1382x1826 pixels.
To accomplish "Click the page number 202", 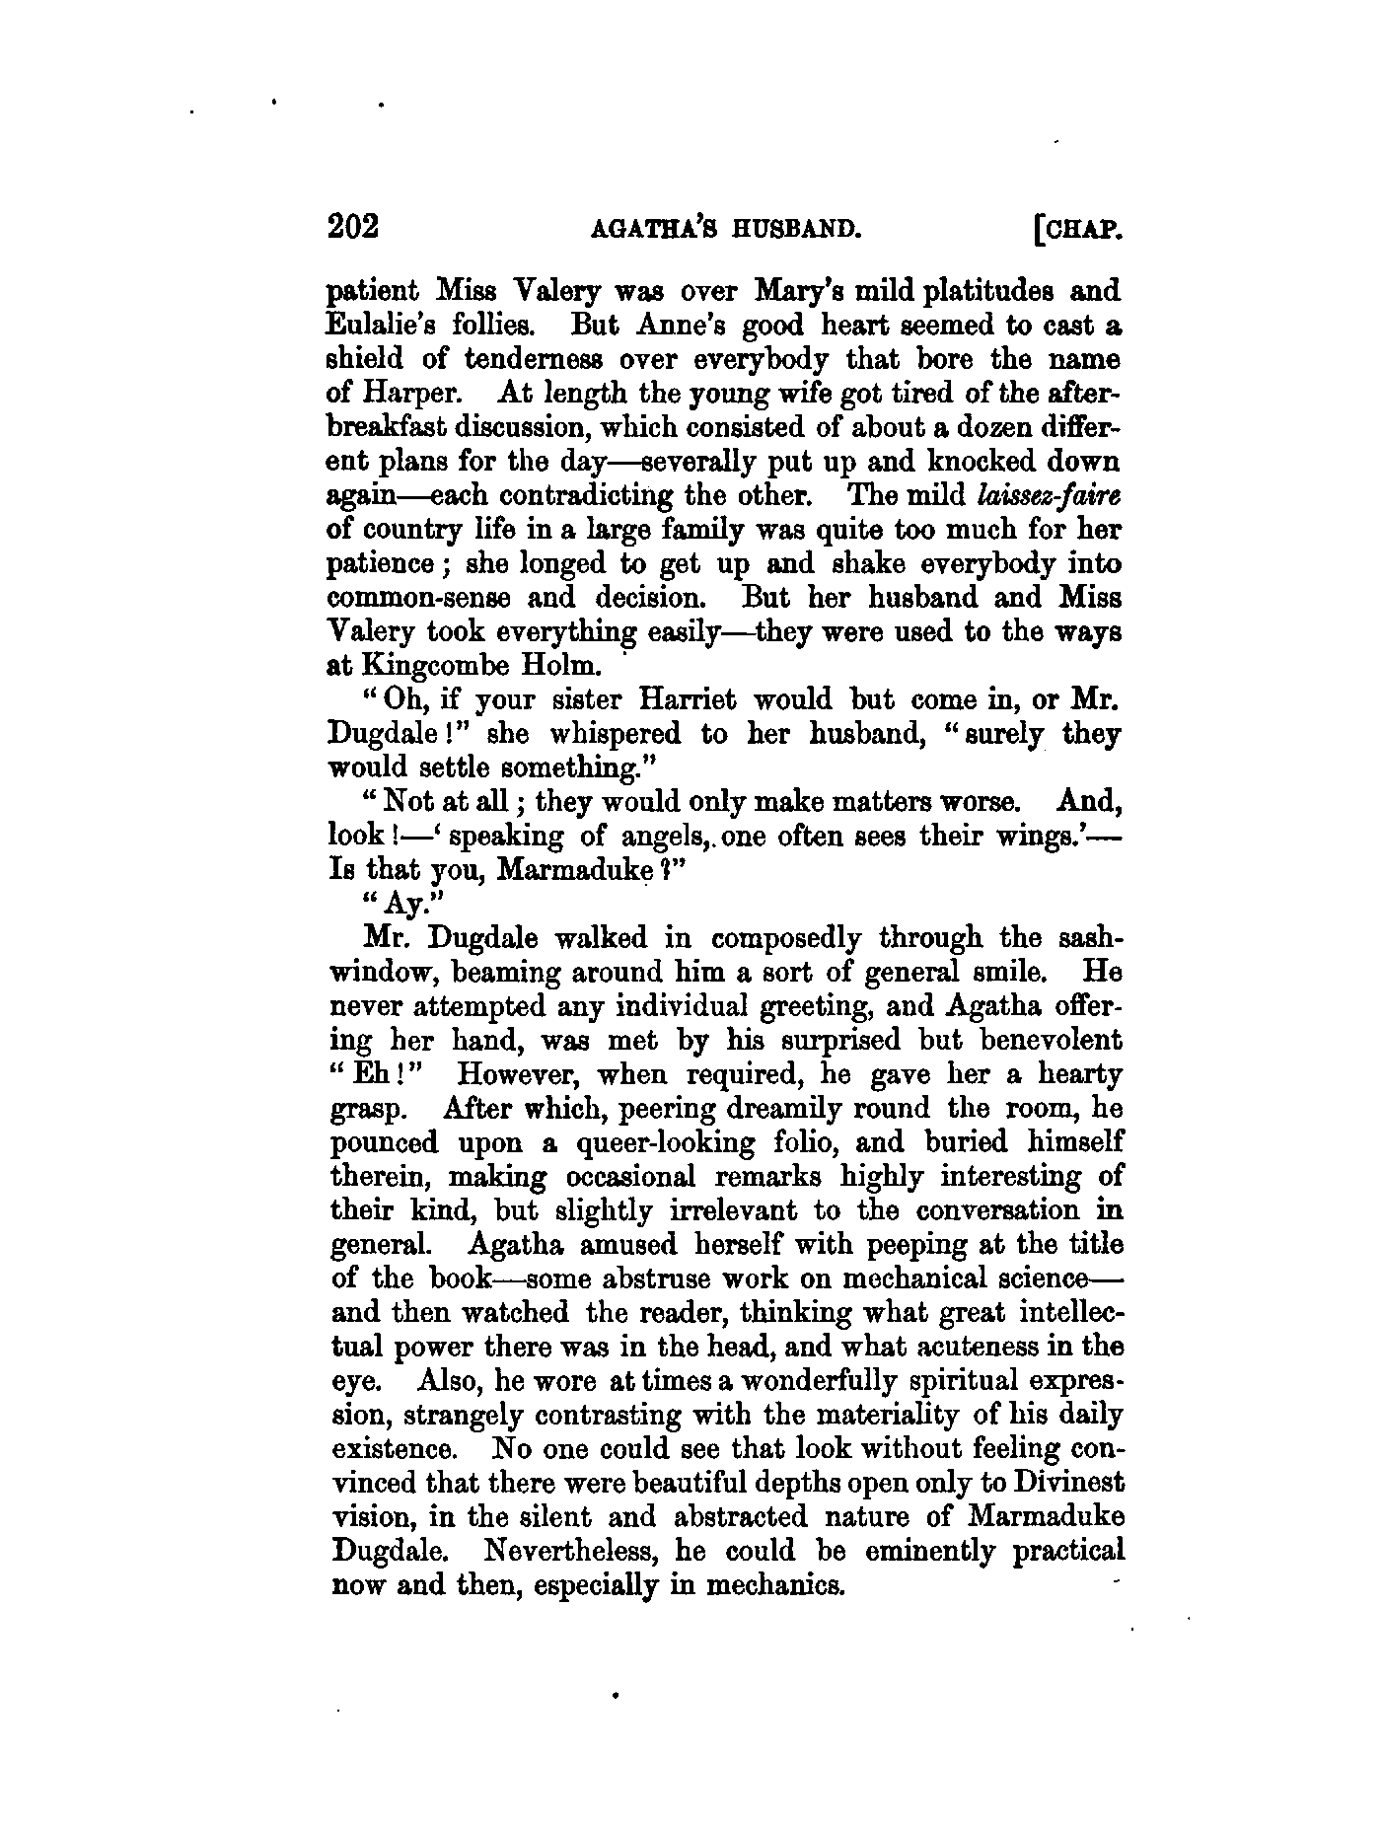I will click(x=353, y=227).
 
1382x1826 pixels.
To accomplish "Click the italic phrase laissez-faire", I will click(x=1045, y=495).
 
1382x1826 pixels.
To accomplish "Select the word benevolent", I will click(x=1049, y=1040).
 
